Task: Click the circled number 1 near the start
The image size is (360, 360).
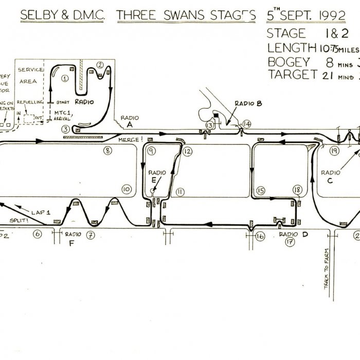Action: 65,78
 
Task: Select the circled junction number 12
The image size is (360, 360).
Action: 188,151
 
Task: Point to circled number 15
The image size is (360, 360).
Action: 260,191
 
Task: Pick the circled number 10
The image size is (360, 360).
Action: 126,189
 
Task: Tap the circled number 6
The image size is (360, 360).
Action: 38,234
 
